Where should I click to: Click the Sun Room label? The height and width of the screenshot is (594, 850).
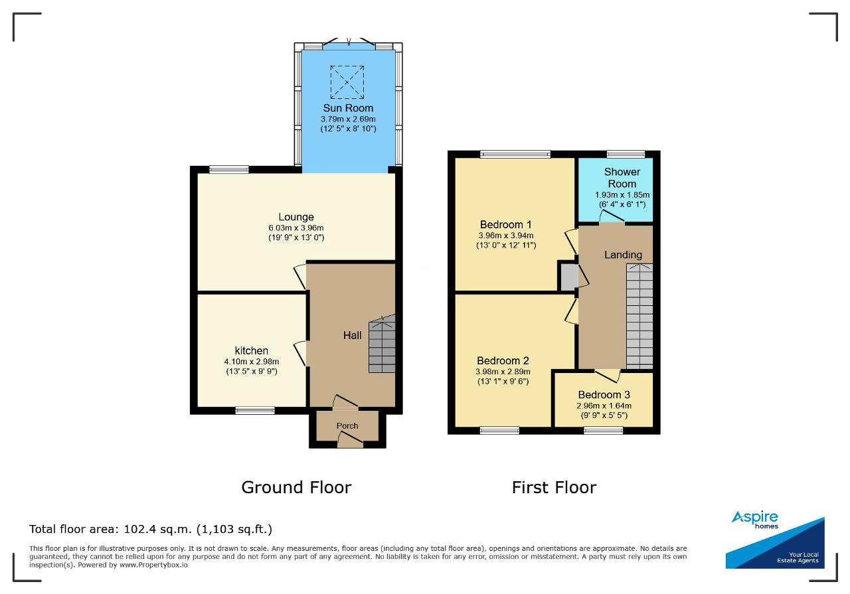tap(348, 108)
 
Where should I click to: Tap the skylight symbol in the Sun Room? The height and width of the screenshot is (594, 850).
tap(347, 82)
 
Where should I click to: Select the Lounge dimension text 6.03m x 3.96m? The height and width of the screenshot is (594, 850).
tap(296, 228)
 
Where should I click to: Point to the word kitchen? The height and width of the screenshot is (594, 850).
tap(251, 350)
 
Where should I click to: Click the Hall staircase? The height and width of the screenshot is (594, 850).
tap(382, 344)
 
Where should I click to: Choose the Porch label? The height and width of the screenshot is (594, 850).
tap(347, 426)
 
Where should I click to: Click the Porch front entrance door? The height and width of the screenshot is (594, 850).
tap(350, 442)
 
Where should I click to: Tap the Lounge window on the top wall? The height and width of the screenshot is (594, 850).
tap(229, 169)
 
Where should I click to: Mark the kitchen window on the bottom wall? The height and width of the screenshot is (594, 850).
tap(254, 410)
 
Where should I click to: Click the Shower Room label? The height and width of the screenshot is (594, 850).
tap(622, 178)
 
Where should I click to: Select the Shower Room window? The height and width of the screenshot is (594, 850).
tap(626, 154)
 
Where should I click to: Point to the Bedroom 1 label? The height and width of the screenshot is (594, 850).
tap(505, 224)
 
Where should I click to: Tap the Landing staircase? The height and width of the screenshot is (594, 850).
tap(639, 317)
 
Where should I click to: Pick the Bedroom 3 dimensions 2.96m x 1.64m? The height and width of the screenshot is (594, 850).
tap(604, 406)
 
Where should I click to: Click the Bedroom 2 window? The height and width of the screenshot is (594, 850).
tap(499, 430)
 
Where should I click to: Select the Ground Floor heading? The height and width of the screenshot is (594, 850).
tap(296, 487)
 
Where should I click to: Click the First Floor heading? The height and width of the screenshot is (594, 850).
tap(554, 487)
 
